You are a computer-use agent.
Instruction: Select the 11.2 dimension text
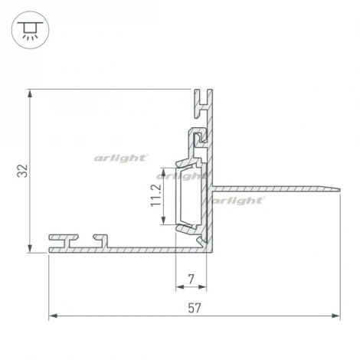pos(155,196)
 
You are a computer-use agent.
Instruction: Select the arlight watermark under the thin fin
pos(239,200)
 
